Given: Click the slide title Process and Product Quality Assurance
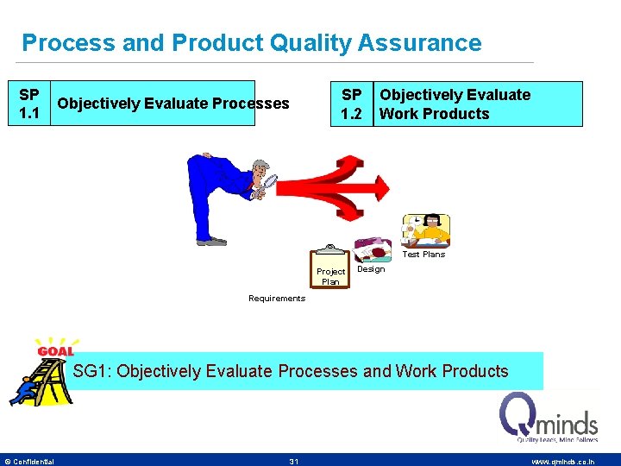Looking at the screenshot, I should click(x=251, y=42).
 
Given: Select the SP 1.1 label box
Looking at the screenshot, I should click(x=28, y=104).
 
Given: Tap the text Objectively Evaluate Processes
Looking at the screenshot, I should click(x=172, y=104).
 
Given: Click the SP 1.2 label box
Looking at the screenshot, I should click(x=352, y=104).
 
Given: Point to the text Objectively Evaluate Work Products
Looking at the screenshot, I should click(x=455, y=104).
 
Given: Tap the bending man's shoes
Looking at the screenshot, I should click(x=211, y=242).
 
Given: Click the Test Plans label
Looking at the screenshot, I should click(x=424, y=255).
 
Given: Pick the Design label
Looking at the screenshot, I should click(x=371, y=269).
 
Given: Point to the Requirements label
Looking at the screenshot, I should click(x=277, y=299).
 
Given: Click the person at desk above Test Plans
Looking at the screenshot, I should click(x=427, y=231).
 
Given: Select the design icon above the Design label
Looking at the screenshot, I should click(x=373, y=249).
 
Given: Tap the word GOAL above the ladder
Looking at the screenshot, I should click(x=55, y=351).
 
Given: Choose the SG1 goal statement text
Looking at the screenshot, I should click(x=291, y=371).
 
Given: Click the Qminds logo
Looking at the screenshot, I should click(x=549, y=418).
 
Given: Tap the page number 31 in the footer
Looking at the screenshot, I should click(x=294, y=462).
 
